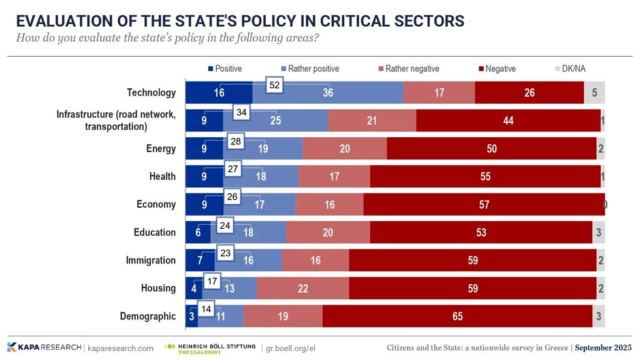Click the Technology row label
click(151, 93)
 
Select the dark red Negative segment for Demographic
click(456, 316)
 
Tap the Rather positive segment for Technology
click(328, 93)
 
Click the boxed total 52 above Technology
click(275, 85)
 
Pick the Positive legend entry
click(225, 69)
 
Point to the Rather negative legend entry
click(408, 69)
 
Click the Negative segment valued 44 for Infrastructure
click(507, 121)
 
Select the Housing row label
click(158, 288)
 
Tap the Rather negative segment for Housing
click(302, 288)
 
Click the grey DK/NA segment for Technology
click(594, 93)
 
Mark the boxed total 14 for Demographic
click(205, 309)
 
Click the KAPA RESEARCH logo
click(44, 348)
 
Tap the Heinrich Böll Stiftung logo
click(210, 348)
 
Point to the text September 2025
click(603, 348)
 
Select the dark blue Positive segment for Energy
click(204, 148)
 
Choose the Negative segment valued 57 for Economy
click(483, 205)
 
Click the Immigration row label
click(150, 260)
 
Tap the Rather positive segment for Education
click(248, 233)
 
